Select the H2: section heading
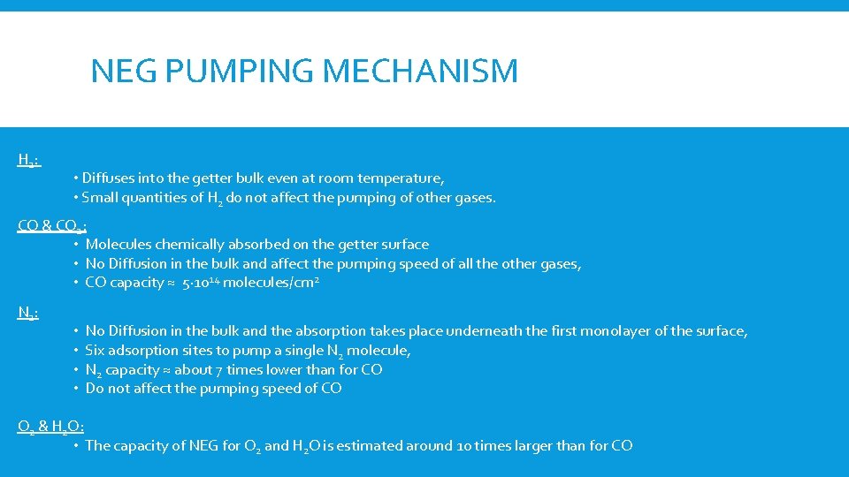click(x=28, y=160)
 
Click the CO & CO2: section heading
click(x=52, y=225)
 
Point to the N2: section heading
click(x=28, y=311)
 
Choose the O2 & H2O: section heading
click(x=50, y=427)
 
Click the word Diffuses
click(x=111, y=178)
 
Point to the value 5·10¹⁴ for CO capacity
click(x=200, y=283)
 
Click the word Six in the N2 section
click(x=95, y=351)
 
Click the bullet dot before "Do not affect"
click(x=77, y=390)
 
